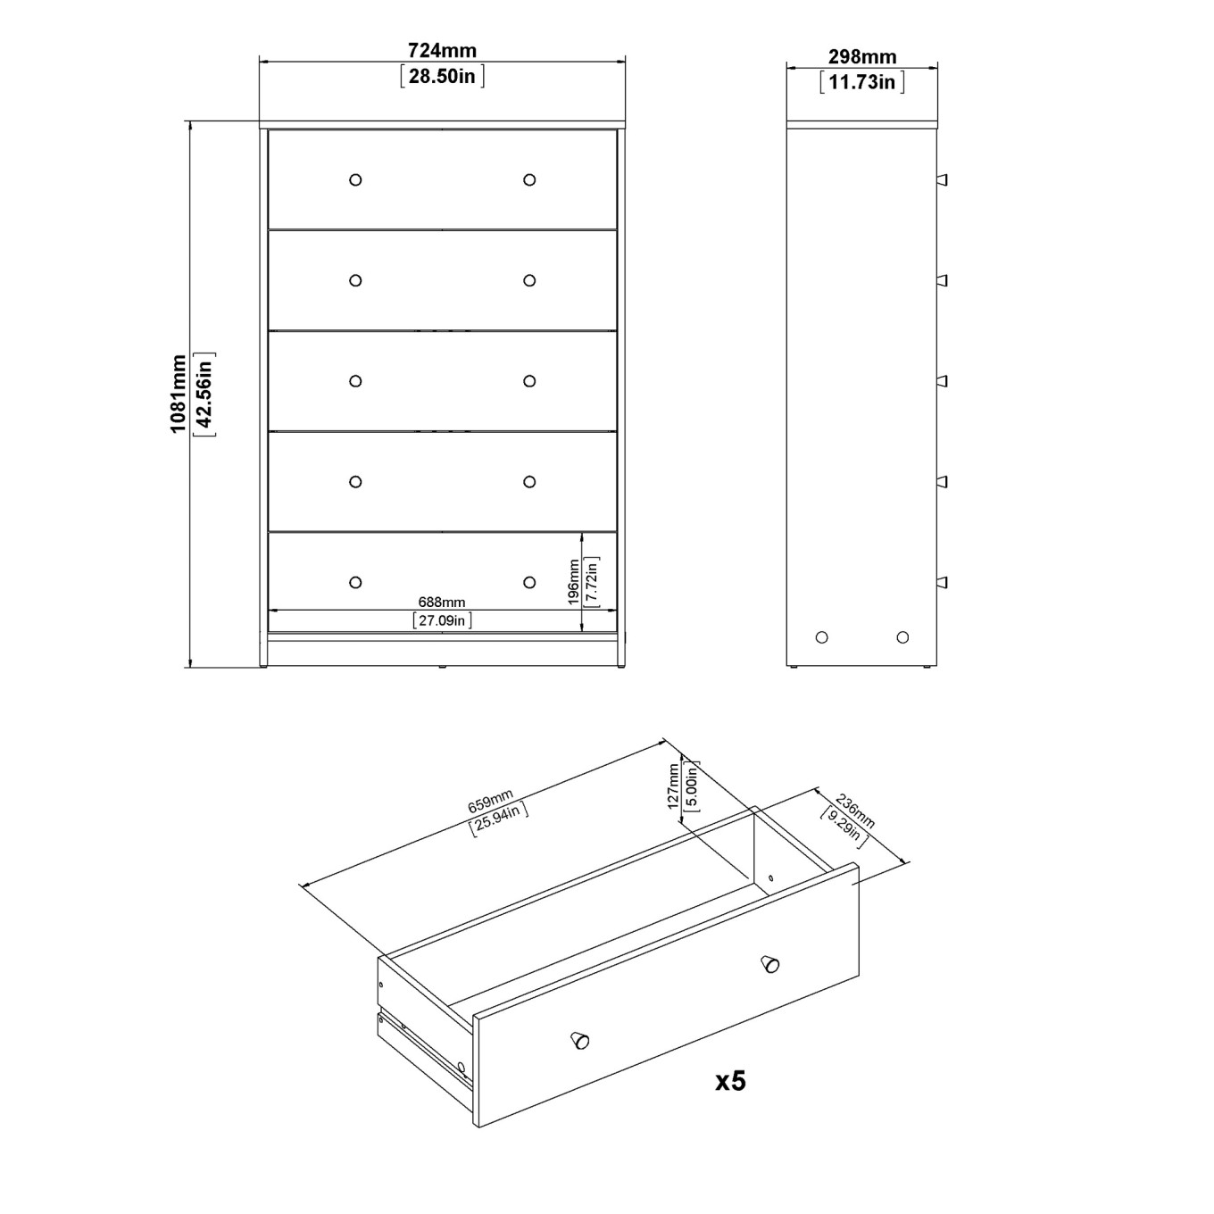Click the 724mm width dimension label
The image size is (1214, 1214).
(442, 50)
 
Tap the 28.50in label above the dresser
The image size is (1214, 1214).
(442, 76)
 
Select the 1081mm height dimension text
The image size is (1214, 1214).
(179, 394)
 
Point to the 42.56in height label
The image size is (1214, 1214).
(204, 394)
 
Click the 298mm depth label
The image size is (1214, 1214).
(861, 57)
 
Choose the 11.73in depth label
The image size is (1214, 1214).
(861, 82)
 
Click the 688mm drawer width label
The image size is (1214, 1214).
(442, 603)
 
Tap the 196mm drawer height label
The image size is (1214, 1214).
(573, 582)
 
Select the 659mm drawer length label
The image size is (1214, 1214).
(490, 801)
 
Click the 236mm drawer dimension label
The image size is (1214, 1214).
(854, 811)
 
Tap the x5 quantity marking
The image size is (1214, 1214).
(730, 1081)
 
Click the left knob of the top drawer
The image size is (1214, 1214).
(355, 180)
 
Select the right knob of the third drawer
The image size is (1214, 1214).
(529, 381)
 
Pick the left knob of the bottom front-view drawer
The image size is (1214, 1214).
(355, 583)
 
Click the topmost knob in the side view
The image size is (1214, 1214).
(942, 180)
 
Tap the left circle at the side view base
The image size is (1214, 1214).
(821, 637)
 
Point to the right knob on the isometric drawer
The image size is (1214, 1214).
(770, 964)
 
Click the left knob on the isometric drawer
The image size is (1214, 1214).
(579, 1040)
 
